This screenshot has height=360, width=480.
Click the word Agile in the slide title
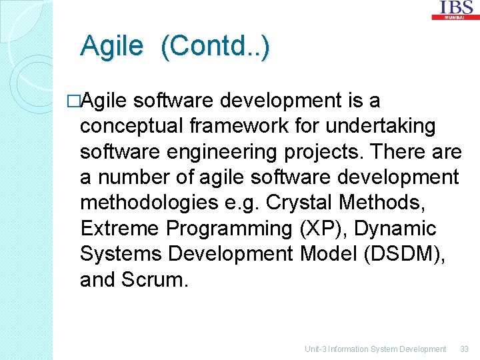(x=111, y=47)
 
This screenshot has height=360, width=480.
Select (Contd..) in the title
(x=215, y=47)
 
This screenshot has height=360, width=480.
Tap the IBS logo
(x=456, y=9)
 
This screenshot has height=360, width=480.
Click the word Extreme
(x=120, y=229)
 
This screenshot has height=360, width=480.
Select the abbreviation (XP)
(x=321, y=229)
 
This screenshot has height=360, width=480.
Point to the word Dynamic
(x=395, y=229)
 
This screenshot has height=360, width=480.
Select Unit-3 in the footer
(x=315, y=349)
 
